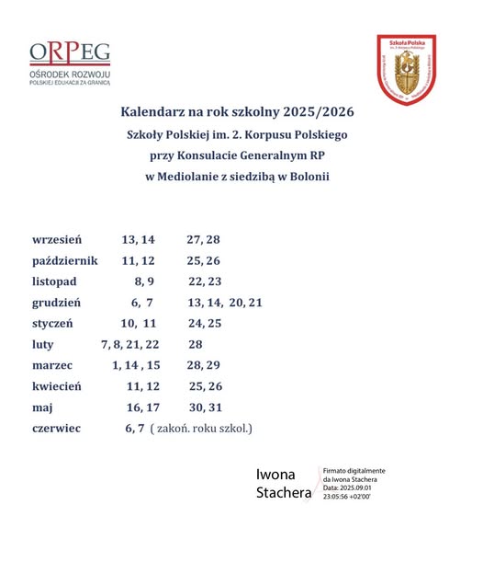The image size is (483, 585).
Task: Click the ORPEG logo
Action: pos(71,63)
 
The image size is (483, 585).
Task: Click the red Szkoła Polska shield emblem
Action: pos(406,70)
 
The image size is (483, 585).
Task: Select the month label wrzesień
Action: pos(57,239)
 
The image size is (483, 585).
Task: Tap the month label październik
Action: pos(64,260)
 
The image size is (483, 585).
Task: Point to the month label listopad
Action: pos(54,281)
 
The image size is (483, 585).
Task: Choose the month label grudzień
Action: pos(57,302)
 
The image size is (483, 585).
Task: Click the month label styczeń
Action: pos(52,324)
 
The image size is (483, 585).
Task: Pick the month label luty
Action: pos(43,344)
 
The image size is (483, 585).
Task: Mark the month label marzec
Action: pos(52,365)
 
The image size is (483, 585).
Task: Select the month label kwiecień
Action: pos(57,386)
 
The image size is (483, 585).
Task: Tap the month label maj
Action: pos(42,407)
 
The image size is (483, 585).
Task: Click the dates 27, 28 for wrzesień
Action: pos(203,239)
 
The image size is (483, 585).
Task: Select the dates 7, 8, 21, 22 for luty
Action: pos(129,344)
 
